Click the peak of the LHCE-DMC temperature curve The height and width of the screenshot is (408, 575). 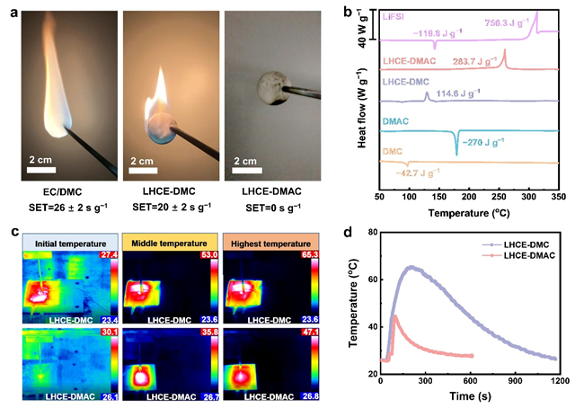click(x=411, y=266)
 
